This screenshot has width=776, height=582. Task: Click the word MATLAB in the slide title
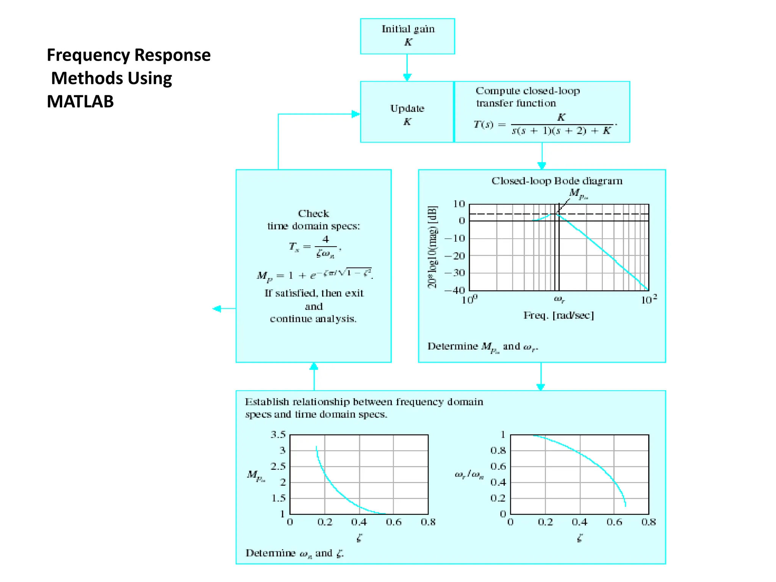80,102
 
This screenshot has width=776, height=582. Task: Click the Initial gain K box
407,36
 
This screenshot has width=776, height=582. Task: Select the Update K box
407,112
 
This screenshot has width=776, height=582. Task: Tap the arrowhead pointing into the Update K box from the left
356,114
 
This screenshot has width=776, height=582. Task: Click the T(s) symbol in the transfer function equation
483,125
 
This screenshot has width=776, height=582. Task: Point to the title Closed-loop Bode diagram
557,181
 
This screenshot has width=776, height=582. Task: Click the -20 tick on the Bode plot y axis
454,256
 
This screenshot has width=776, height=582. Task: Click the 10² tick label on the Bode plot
648,300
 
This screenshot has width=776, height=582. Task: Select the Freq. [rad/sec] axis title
559,315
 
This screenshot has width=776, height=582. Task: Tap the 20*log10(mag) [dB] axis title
432,247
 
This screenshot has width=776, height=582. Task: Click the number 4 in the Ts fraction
325,239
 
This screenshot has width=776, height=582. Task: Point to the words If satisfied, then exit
314,293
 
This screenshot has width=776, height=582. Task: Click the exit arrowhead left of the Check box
217,309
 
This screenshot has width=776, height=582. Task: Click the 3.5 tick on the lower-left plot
278,435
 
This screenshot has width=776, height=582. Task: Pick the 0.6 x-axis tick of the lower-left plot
394,522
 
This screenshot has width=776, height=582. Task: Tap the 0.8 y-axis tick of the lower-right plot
498,451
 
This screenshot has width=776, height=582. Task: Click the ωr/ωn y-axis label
469,474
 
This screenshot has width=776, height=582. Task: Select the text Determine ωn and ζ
294,553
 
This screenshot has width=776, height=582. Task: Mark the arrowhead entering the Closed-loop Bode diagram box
542,166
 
